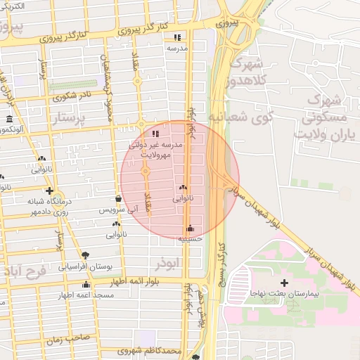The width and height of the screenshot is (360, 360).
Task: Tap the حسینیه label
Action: [190, 239]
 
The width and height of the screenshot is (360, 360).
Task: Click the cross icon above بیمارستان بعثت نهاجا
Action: [284, 282]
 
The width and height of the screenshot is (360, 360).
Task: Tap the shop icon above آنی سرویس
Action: [118, 199]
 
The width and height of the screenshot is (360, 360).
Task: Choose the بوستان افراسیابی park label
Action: [85, 266]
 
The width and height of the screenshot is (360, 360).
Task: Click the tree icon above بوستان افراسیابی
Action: [85, 255]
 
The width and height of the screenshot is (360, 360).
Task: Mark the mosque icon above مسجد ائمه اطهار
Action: [86, 285]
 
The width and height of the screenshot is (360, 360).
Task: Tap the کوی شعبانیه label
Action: [239, 118]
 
